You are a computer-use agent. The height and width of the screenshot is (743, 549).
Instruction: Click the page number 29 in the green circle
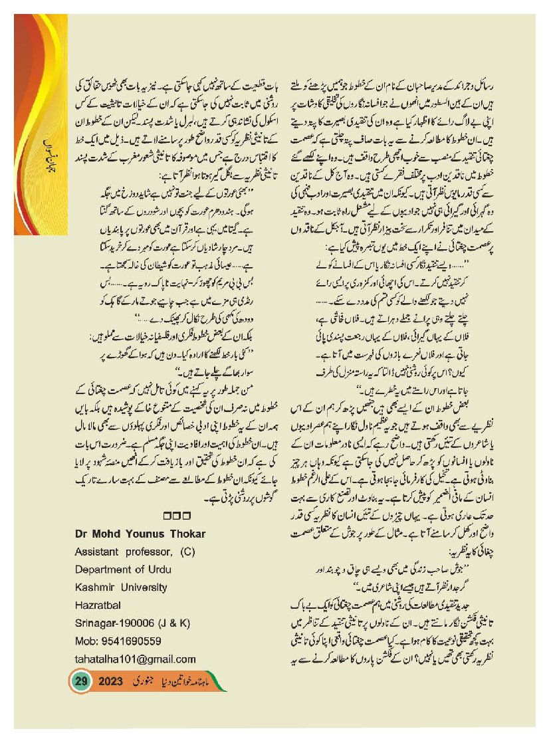81,682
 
